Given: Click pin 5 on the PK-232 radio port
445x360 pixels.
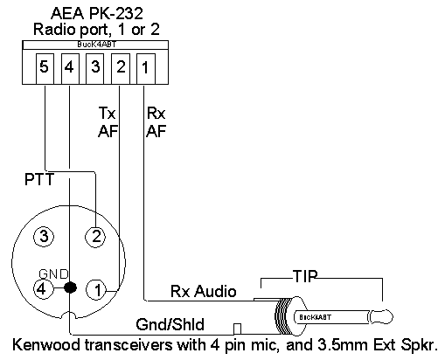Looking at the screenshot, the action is [45, 69].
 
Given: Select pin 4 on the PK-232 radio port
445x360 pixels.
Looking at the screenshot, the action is [70, 69].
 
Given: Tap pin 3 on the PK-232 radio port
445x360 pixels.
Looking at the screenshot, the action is [95, 69].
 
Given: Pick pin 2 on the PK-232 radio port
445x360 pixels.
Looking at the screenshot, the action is [121, 69].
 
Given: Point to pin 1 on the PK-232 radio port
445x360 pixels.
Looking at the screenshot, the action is [146, 69].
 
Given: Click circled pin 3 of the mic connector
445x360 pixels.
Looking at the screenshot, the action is [44, 236].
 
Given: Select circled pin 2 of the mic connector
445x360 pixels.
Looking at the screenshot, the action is [95, 237].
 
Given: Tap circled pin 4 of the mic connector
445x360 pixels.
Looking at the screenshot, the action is [44, 289].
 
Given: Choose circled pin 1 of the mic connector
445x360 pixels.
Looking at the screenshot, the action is [96, 289].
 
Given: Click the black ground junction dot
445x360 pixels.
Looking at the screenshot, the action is [70, 287].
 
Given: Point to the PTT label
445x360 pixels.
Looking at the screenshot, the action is [39, 179].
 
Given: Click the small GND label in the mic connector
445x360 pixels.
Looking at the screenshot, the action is [53, 274].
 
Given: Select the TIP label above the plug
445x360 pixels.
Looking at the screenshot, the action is [305, 276].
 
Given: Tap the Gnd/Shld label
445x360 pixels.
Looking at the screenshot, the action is [170, 324].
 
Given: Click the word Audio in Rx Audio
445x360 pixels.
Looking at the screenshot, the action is [215, 291].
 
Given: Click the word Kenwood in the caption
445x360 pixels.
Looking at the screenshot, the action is [46, 344].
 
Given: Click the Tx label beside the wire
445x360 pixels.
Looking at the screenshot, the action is [107, 113].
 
